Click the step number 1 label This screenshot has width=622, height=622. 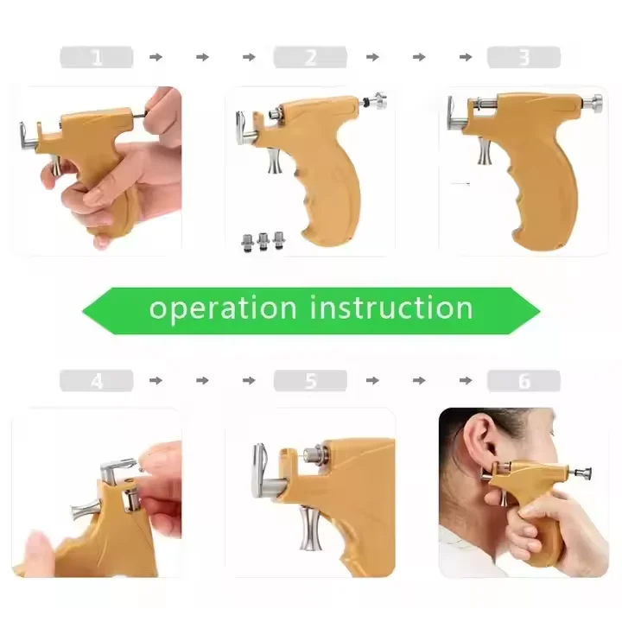pos(96,58)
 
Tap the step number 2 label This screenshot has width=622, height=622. pos(310,58)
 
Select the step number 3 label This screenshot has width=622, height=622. pos(524,58)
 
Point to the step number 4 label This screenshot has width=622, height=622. pos(96,381)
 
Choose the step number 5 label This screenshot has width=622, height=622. pos(310,381)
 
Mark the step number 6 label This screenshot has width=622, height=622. pos(524,381)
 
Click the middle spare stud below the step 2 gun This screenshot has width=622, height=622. pos(263,241)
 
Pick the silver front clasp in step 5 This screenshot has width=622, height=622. pos(260,470)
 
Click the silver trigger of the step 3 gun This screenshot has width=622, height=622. pos(485,152)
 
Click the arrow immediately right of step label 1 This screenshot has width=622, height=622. pos(155,58)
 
